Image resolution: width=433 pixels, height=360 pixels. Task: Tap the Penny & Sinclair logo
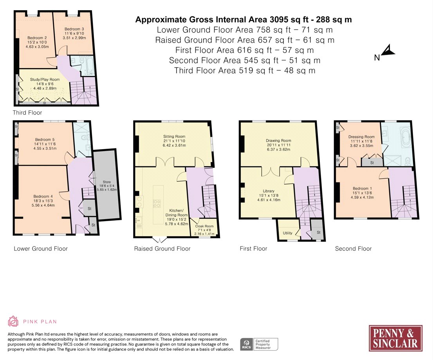click(395, 338)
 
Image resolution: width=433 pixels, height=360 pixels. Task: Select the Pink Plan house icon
click(13, 321)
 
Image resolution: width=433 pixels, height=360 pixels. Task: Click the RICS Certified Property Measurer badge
click(259, 344)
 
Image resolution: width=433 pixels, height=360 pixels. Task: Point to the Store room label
click(107, 182)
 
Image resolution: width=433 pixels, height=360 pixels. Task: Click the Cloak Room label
click(204, 226)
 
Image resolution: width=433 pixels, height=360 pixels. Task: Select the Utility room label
click(287, 233)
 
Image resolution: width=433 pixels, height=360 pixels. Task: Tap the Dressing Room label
click(361, 137)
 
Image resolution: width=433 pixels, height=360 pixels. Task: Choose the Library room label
click(269, 191)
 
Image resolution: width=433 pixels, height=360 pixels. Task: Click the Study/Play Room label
click(45, 79)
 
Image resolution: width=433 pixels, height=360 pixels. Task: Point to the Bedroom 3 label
click(74, 29)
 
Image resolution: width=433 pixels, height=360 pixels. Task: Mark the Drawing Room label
click(278, 140)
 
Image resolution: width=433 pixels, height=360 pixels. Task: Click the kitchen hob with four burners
click(157, 204)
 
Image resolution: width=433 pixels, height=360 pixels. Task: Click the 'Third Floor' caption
click(27, 113)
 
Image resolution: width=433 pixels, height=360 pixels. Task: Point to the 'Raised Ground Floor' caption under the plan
click(162, 249)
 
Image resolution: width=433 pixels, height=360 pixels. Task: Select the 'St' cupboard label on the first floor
click(319, 232)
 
